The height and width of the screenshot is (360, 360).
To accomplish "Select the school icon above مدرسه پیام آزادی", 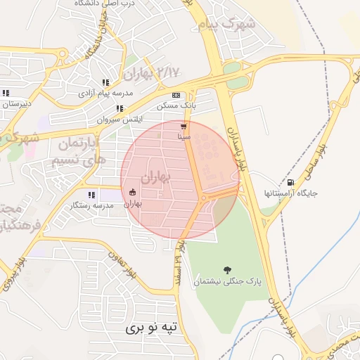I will click(106, 82).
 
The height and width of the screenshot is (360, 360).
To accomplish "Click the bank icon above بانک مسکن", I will click(176, 95).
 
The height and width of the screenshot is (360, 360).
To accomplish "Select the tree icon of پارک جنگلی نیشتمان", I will click(227, 269).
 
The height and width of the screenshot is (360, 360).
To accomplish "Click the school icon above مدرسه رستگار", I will click(91, 195).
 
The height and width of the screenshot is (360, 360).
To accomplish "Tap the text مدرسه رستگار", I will click(90, 206).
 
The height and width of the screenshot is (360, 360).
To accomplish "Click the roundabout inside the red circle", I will click(205, 198).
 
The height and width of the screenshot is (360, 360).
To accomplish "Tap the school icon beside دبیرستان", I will click(6, 93).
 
